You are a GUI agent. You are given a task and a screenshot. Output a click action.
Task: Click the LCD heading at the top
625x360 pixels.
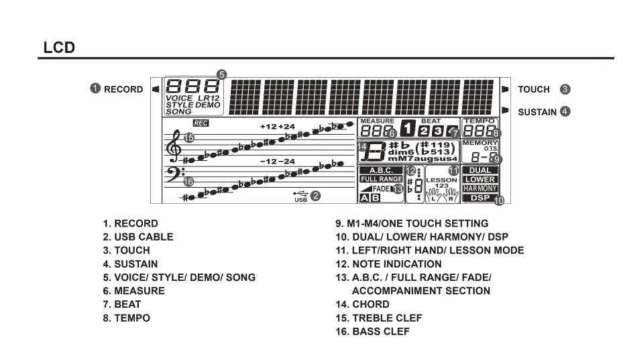(58, 48)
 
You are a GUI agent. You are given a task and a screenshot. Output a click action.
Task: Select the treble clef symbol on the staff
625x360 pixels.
(174, 145)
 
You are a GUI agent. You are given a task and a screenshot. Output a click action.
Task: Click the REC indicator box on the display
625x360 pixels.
(201, 123)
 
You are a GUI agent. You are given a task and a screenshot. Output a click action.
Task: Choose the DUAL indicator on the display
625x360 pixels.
(479, 170)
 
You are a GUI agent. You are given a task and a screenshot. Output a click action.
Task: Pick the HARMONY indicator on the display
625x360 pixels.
(479, 188)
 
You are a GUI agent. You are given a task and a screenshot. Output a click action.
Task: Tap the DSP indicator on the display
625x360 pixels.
(479, 198)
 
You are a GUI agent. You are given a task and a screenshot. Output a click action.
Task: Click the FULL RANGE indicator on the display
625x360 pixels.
(381, 179)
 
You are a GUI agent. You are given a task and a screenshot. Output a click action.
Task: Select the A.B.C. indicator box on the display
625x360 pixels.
(381, 170)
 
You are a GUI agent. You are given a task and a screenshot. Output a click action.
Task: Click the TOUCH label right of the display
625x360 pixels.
(533, 89)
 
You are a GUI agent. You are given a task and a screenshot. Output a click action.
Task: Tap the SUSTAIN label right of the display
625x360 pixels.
(536, 112)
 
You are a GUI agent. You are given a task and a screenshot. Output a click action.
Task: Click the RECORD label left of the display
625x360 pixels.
(123, 89)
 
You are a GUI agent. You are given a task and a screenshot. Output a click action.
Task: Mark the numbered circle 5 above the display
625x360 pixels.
(222, 75)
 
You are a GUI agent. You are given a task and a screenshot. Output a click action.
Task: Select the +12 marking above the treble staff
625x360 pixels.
(268, 127)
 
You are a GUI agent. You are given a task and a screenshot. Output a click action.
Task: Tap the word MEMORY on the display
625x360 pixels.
(479, 143)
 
